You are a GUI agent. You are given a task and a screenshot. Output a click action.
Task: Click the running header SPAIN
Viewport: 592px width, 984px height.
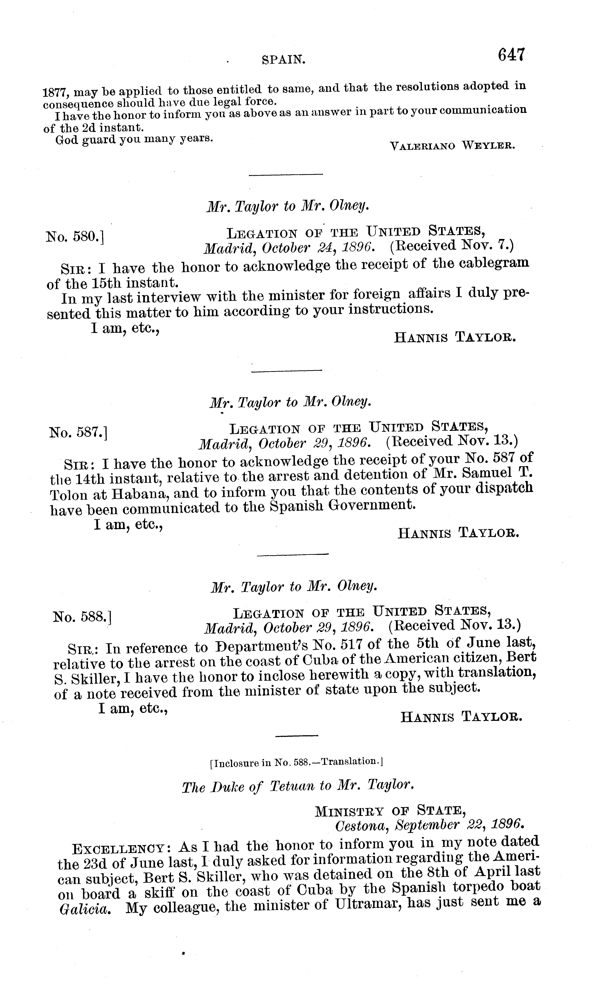tap(284, 60)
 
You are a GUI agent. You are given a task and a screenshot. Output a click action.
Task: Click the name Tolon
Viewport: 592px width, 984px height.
tap(69, 495)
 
